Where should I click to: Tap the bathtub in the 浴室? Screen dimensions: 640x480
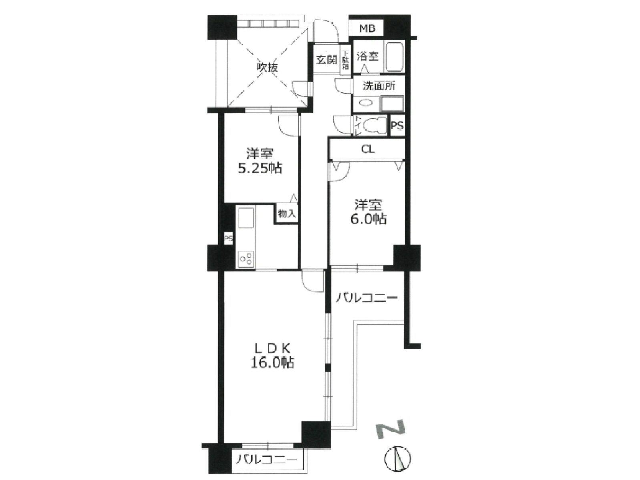(x=395, y=56)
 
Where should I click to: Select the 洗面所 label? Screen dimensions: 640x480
(x=379, y=86)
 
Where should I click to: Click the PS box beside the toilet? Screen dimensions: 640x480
(x=397, y=126)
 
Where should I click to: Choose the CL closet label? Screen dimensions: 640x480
(x=368, y=149)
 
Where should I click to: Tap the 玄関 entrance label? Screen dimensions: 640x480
(x=326, y=60)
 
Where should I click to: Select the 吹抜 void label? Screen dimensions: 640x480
(x=267, y=68)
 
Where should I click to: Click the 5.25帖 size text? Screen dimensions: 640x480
(x=260, y=169)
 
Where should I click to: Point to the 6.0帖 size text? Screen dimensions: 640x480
(x=368, y=219)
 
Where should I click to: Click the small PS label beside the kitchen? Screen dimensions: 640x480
(x=228, y=239)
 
